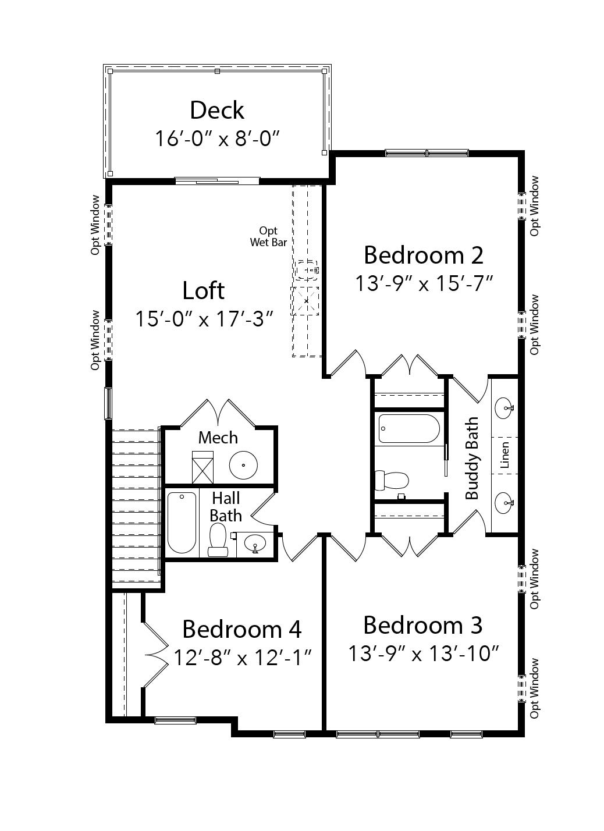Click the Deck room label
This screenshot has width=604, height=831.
click(x=217, y=110)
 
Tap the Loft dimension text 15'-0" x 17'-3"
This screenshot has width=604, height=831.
click(x=204, y=319)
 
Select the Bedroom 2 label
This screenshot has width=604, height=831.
click(x=424, y=255)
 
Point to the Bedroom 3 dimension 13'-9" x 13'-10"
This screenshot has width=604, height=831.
click(x=424, y=653)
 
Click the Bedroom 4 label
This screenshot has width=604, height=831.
click(x=241, y=629)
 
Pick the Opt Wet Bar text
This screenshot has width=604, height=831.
click(x=268, y=237)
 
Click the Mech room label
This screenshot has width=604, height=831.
click(x=218, y=437)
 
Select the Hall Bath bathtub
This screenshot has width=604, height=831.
click(x=182, y=523)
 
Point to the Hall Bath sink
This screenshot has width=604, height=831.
click(x=255, y=545)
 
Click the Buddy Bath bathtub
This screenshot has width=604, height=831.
click(x=408, y=429)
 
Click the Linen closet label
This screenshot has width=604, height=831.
click(x=504, y=455)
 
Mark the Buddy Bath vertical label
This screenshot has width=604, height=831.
click(x=472, y=458)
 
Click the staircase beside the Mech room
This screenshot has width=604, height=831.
click(x=135, y=505)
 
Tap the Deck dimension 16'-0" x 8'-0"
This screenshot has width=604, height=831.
click(x=217, y=138)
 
